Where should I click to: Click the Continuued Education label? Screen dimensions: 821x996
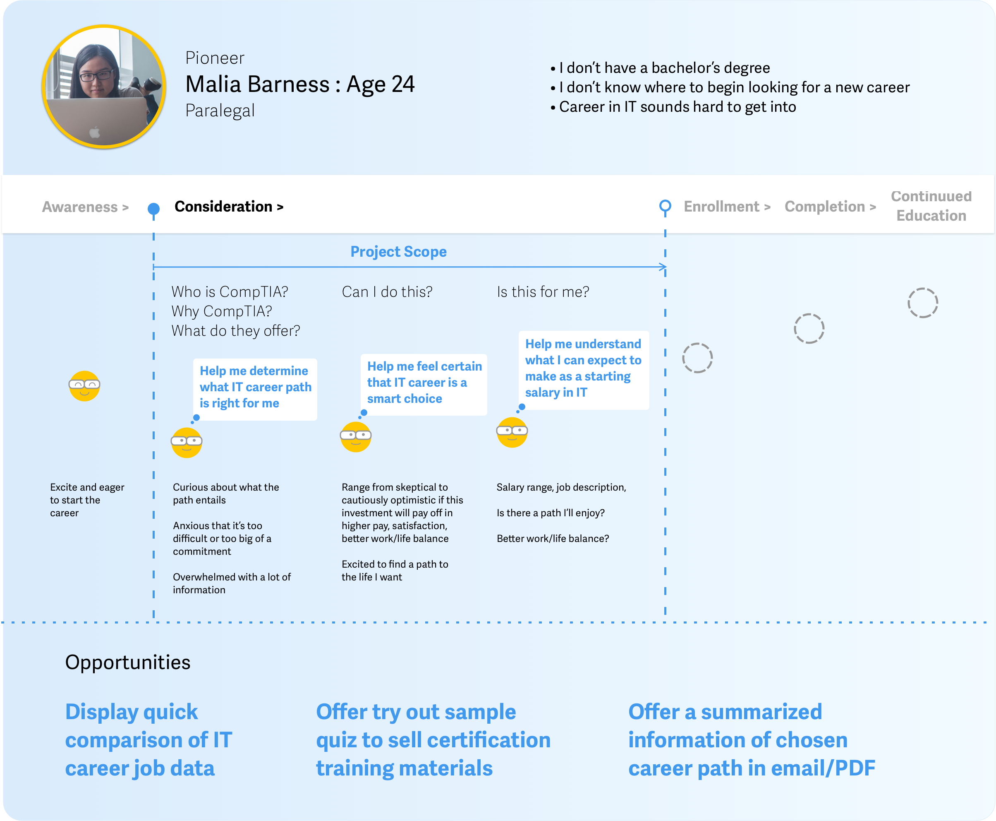pos(931,206)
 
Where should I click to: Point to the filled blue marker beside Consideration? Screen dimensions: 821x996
pos(153,209)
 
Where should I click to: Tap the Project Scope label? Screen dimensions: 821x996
pos(398,252)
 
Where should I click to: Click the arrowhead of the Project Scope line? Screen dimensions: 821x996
pos(663,267)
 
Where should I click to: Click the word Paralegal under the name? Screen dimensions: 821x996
pos(220,111)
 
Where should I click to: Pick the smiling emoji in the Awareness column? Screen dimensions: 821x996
pos(84,386)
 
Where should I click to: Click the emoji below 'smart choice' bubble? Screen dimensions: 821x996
pos(356,436)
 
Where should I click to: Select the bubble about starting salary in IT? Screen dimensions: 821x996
pos(584,370)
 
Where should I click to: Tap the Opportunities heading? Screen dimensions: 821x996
pos(127,662)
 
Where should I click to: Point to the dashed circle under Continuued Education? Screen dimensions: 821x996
pos(922,303)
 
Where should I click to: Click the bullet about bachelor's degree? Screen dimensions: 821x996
pos(664,68)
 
